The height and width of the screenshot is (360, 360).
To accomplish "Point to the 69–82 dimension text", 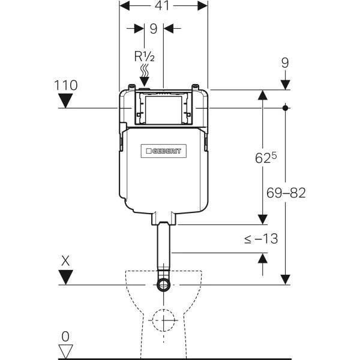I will coord(286,193).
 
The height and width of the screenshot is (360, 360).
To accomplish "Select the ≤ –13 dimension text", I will coord(261,239).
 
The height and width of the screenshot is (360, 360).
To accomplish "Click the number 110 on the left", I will coord(65,85).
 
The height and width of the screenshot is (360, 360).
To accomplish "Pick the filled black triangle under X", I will coord(65,277).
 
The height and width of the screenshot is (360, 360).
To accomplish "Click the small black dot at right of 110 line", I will coord(286,108).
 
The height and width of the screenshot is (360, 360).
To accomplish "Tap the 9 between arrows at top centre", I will coord(153,28).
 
